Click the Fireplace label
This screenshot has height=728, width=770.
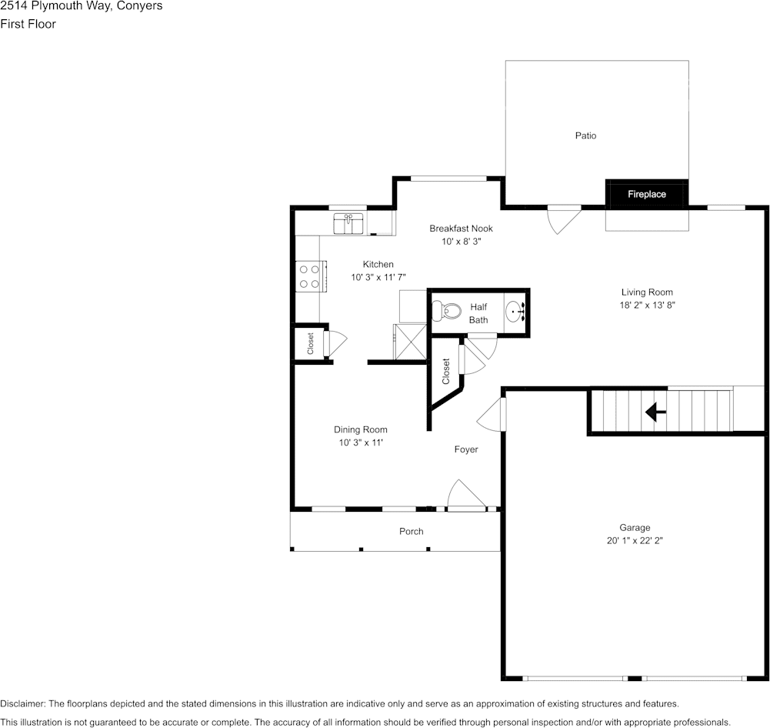(x=646, y=195)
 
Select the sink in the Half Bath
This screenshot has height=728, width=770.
(x=515, y=312)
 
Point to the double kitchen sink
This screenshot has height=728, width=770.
(x=348, y=224)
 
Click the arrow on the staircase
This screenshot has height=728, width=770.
(x=655, y=412)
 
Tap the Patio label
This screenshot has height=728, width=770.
(x=585, y=135)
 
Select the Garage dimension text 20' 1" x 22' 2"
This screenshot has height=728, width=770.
(x=635, y=541)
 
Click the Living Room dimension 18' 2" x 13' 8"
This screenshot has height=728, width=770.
(x=647, y=305)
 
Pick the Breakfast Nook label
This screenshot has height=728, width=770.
(x=461, y=229)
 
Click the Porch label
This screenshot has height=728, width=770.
(x=411, y=531)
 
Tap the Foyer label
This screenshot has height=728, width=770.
(x=466, y=449)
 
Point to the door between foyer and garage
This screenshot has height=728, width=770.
(x=492, y=416)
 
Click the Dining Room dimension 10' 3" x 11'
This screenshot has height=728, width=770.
(x=360, y=442)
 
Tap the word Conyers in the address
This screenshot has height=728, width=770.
(x=136, y=6)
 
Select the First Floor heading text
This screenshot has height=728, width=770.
(x=28, y=24)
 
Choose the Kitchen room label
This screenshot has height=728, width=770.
(x=378, y=265)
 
